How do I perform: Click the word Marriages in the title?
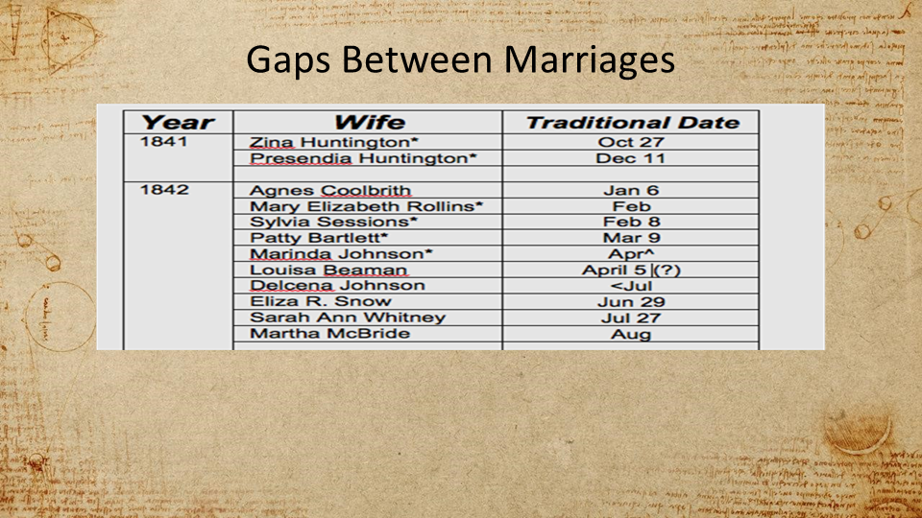coord(589,59)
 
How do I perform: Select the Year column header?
coord(179,122)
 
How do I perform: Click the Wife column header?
coord(370,122)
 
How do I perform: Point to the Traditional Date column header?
coord(632,122)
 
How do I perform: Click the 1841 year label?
coord(163,142)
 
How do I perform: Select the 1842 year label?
coord(164,190)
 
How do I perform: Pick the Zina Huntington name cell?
coord(333,142)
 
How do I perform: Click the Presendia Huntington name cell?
coord(363,158)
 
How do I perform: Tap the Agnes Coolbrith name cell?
coord(329,190)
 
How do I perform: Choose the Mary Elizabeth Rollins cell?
coord(366,206)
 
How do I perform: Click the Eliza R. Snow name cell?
coord(321,301)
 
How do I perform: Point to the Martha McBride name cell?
coord(329,334)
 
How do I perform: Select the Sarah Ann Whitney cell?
coord(348,318)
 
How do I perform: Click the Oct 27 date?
coord(631,142)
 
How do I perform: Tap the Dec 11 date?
coord(630,158)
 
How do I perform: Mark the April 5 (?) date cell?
coord(631,271)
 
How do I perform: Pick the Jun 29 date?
coord(631,302)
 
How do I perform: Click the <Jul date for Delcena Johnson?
coord(631,286)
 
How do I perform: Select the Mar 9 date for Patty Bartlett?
coord(631,238)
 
